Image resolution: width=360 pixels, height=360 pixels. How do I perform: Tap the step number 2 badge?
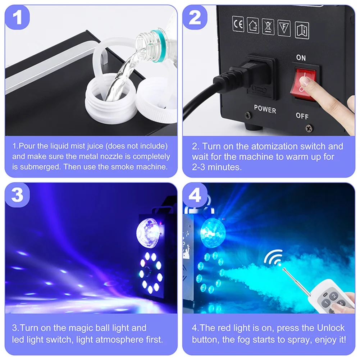(x=195, y=17)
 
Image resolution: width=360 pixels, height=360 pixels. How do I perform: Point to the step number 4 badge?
(x=195, y=195)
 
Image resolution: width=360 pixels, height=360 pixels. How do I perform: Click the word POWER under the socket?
(x=265, y=109)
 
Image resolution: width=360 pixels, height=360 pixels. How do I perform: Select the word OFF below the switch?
(x=302, y=116)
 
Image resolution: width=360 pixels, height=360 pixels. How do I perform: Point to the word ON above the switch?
(x=301, y=58)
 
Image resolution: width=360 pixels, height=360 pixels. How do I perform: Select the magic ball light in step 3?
(x=147, y=233)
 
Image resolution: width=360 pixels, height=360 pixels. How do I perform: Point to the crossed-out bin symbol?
(x=268, y=27)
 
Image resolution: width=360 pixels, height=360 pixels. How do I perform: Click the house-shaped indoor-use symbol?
(x=253, y=26)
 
